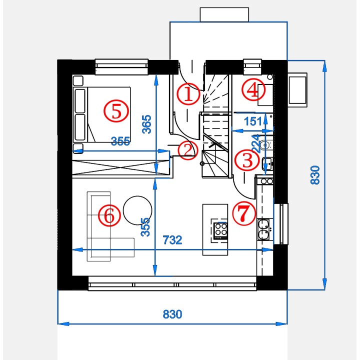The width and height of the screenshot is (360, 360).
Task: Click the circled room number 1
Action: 188,94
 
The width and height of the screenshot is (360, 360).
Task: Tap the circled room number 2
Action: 187,150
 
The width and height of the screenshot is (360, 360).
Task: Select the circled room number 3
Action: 247,160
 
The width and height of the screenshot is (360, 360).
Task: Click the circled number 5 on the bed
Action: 116,111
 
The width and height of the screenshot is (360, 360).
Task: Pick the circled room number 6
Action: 109,215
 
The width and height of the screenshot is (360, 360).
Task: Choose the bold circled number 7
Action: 244,213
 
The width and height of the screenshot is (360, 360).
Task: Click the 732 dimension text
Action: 172,240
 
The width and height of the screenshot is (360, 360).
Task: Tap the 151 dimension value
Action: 253,121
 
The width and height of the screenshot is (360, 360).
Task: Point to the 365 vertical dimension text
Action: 146,124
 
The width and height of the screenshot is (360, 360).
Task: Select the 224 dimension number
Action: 256,143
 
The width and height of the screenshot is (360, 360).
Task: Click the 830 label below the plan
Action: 172,314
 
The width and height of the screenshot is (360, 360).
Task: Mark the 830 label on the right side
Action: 315,175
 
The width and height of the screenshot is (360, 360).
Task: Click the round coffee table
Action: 137,210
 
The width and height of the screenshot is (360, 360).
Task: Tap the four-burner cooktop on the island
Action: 220,230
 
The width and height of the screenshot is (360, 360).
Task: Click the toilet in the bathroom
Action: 266,145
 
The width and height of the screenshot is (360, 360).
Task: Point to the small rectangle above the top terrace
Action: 224,14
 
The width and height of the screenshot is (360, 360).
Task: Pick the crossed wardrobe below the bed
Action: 121,167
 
